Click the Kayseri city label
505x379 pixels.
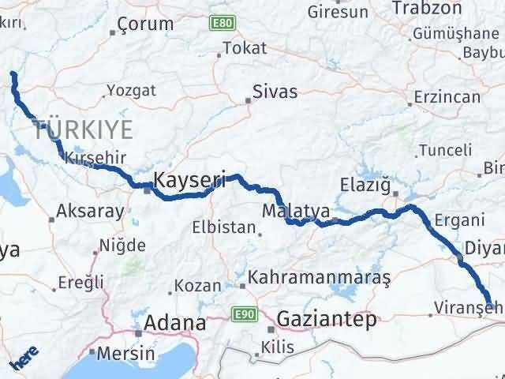(x=189, y=179)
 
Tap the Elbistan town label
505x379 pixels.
(x=223, y=228)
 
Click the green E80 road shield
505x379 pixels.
(x=220, y=25)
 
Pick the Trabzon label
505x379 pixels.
(x=430, y=8)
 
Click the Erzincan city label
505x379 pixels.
(x=448, y=97)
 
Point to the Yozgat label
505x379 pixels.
(x=125, y=90)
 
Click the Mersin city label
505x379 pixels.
(x=115, y=353)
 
